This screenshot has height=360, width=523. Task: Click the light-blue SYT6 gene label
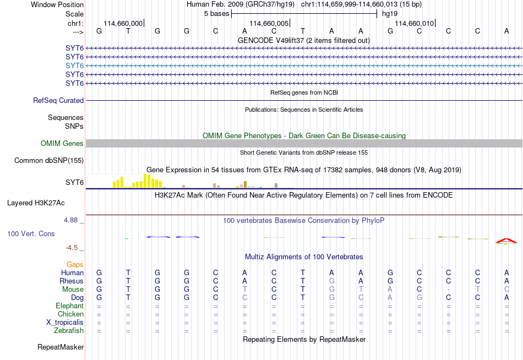click(x=74, y=66)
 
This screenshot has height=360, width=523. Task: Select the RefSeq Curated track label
click(x=58, y=100)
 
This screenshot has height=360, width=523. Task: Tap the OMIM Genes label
click(x=62, y=144)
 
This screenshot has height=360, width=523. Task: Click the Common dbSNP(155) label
click(x=49, y=161)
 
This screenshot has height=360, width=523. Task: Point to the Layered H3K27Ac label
click(x=36, y=203)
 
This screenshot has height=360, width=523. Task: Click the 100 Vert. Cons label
click(x=31, y=233)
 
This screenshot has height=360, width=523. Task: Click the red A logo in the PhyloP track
click(x=506, y=241)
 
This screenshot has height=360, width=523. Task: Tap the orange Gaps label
click(x=75, y=265)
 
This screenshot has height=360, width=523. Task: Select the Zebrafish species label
click(x=69, y=331)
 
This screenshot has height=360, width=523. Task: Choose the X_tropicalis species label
click(x=65, y=323)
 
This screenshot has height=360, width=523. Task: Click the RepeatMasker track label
click(x=61, y=347)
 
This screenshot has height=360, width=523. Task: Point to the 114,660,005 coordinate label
click(x=269, y=23)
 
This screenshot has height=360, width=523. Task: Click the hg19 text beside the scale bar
click(x=390, y=14)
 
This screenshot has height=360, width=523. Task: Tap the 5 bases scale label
click(x=217, y=14)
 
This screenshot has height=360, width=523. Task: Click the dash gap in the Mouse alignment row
click(x=449, y=290)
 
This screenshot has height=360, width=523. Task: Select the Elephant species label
click(x=70, y=306)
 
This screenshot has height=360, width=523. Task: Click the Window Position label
click(x=57, y=4)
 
